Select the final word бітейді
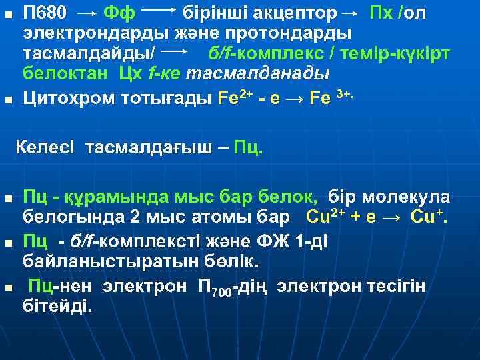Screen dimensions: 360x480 tap(59, 307)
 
